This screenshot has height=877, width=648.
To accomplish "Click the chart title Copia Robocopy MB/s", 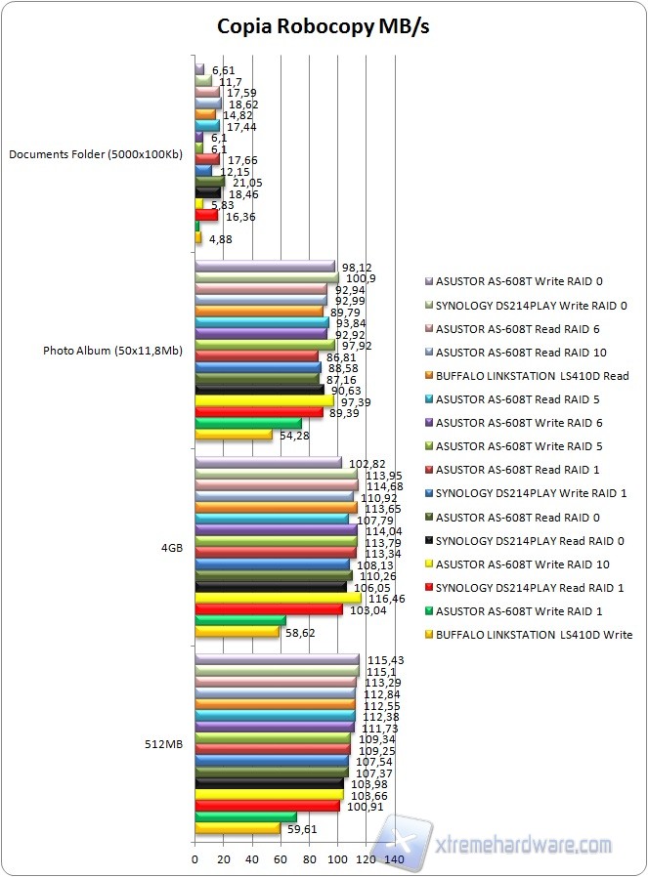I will (x=324, y=26).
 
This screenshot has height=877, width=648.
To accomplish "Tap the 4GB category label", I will (x=171, y=548).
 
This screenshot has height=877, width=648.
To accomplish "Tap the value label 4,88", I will (x=221, y=237).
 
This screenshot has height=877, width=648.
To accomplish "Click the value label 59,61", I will (x=301, y=829).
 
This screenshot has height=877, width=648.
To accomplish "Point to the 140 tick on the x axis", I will (x=395, y=858).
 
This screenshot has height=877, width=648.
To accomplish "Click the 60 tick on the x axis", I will (x=281, y=858).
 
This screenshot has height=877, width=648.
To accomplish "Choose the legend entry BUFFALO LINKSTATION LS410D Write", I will (x=534, y=635).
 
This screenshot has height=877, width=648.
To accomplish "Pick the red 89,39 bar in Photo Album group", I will (x=258, y=412).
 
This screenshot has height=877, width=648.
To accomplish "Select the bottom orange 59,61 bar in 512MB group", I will (x=238, y=828).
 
